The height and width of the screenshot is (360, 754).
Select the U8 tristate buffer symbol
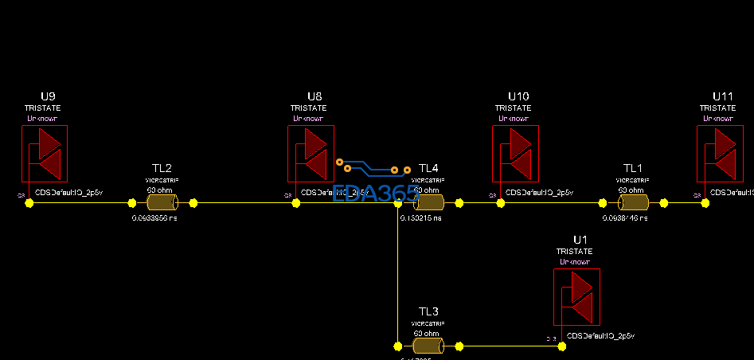[311, 154]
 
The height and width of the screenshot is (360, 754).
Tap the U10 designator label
[518, 96]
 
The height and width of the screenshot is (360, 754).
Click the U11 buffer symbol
[720, 154]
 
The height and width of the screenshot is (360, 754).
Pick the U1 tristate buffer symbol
[576, 297]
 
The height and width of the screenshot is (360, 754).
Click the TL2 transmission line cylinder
[162, 202]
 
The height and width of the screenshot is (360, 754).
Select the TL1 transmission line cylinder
[633, 202]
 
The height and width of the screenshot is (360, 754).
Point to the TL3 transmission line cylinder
[428, 346]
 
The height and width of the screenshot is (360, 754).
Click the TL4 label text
[428, 168]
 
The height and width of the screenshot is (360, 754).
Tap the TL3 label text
[428, 311]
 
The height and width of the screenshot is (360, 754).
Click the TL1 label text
[633, 168]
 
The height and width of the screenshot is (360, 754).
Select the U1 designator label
[580, 240]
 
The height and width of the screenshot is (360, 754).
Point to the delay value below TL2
[154, 217]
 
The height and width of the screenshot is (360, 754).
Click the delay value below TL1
[626, 217]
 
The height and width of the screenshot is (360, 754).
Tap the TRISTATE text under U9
[42, 108]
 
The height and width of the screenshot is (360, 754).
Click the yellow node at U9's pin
[29, 203]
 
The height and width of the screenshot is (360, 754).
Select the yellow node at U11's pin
[705, 203]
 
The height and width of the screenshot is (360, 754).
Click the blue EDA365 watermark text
[374, 194]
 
